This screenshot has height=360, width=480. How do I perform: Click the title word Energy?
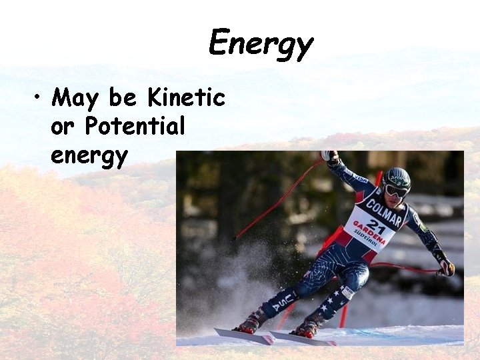point(260,45)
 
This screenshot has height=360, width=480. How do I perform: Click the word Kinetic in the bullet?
point(186,98)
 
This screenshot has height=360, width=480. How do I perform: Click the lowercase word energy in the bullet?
point(89,156)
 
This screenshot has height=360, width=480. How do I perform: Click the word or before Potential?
point(61,127)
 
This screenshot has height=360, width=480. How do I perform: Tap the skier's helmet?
point(398,177)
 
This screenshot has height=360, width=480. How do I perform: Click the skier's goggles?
point(397,191)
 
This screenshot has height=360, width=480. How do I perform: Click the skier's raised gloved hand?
point(329,157)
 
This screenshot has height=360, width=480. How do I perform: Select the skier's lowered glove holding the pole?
point(445,266)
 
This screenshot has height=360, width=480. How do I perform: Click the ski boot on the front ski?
point(251,323)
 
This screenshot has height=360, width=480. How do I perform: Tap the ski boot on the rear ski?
point(308,327)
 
